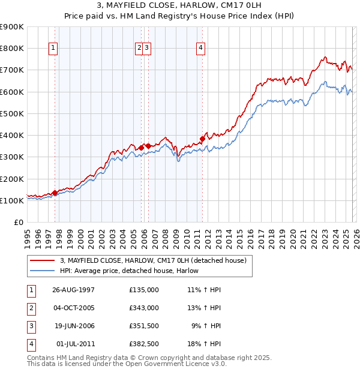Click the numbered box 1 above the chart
[53, 49]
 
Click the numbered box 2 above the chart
[139, 49]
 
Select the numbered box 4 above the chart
[200, 49]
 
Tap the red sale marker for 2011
[202, 139]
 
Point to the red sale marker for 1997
[55, 193]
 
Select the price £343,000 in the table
[143, 308]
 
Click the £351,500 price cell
[143, 326]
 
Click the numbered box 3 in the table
[31, 326]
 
